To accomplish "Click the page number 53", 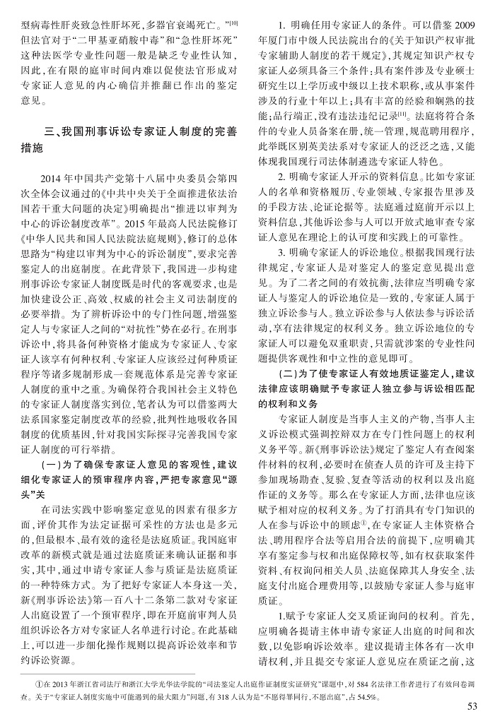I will coord(472,705).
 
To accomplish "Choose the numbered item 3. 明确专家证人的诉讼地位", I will coord(338,251).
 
